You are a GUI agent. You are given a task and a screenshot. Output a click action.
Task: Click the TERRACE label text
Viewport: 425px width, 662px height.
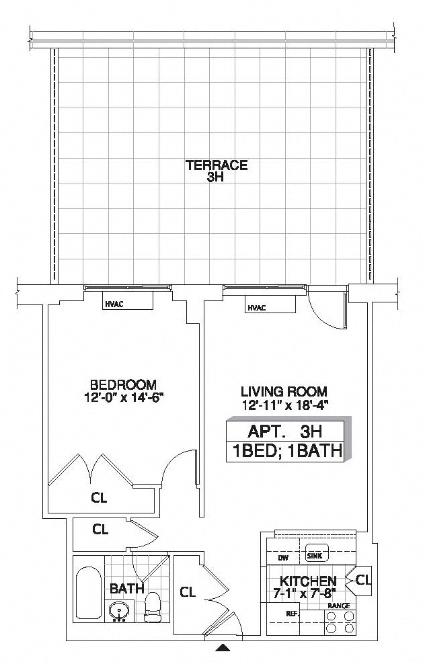pos(217,165)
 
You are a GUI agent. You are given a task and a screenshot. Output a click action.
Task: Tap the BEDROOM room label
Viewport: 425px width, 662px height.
pos(123,384)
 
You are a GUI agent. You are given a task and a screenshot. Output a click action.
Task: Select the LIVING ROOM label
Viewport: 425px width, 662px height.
pos(284,391)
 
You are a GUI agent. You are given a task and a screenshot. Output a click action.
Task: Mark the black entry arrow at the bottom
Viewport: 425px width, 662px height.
pos(223,649)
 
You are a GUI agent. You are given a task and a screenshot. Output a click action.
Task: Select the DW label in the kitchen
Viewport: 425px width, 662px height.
pos(283,557)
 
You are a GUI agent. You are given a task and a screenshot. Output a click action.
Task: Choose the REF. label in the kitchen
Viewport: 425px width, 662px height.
pos(292,614)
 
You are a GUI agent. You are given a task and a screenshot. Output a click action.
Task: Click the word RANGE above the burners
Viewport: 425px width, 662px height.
pos(338,606)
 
